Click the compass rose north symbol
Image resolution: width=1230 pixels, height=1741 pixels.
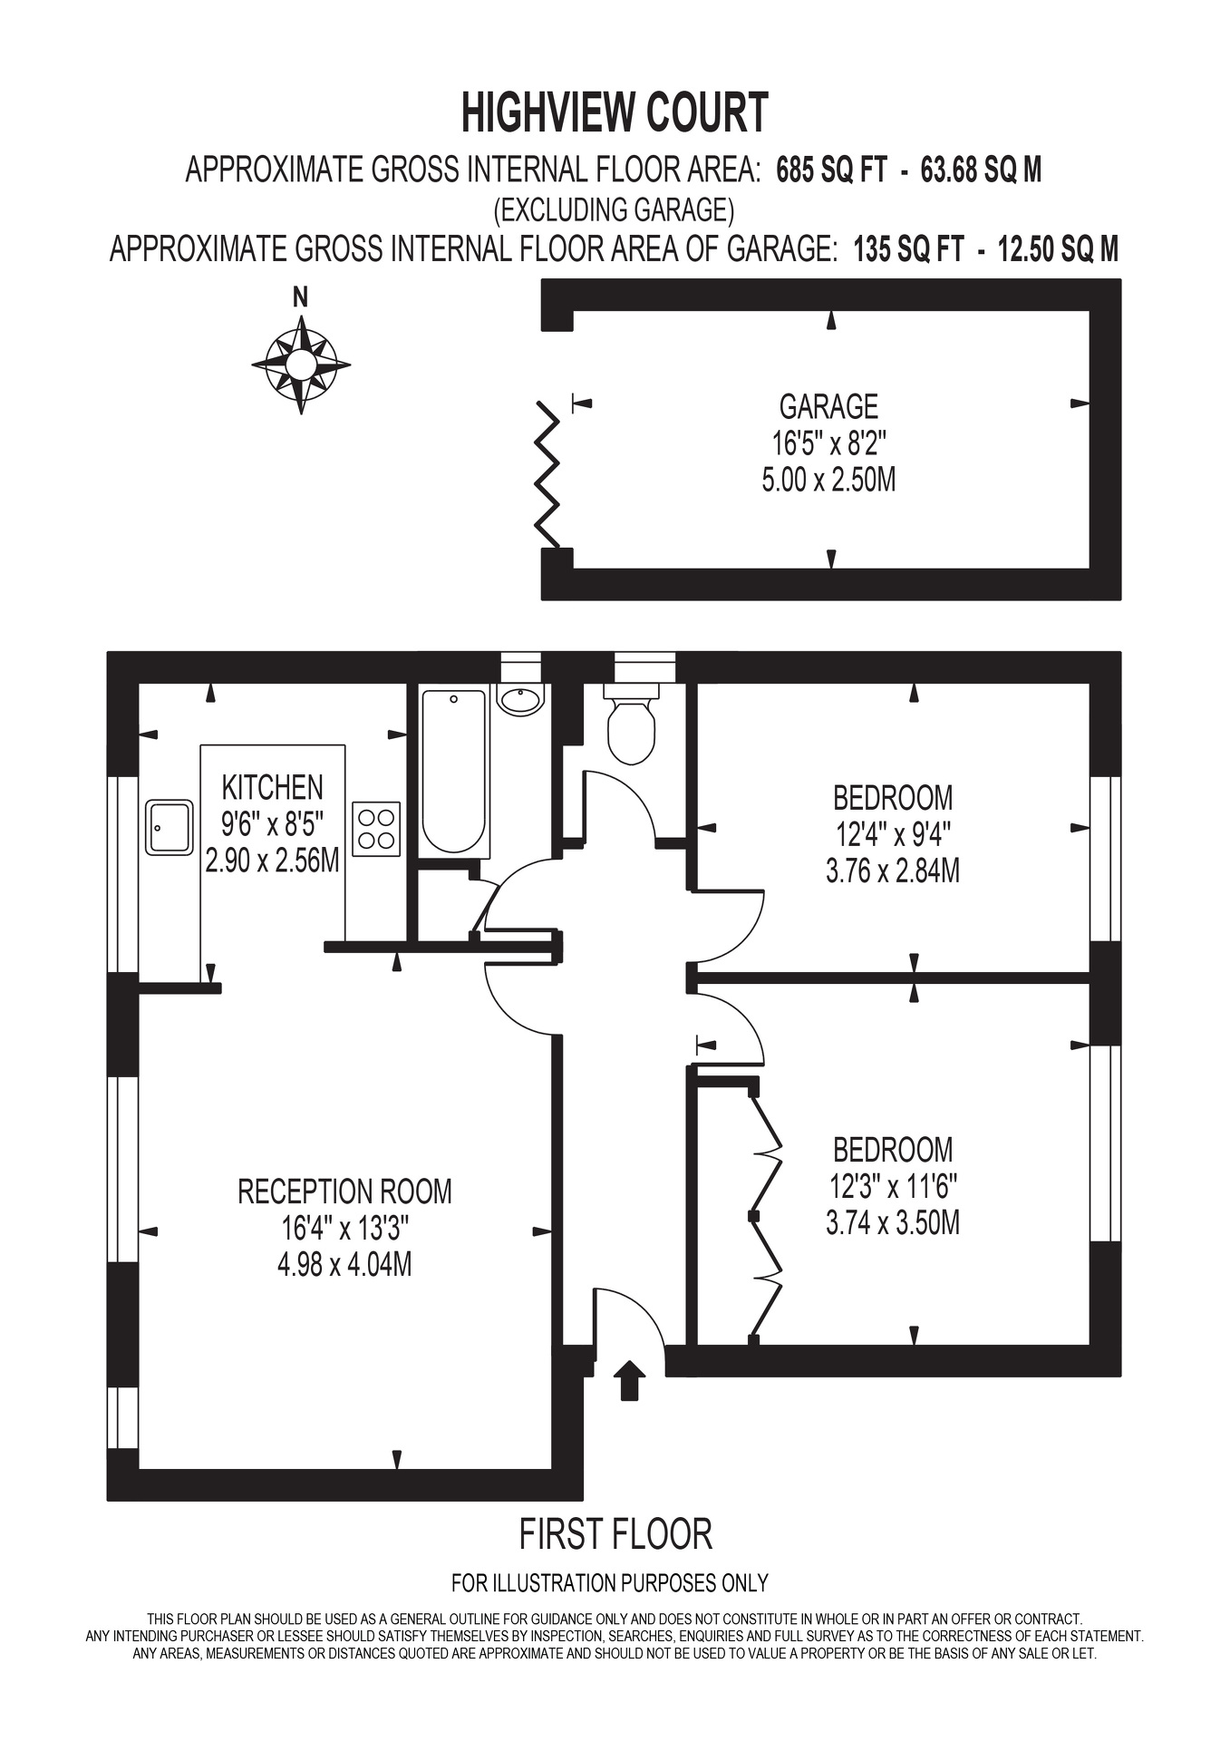[x=301, y=365]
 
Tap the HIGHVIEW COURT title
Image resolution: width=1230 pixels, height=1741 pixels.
[x=615, y=113]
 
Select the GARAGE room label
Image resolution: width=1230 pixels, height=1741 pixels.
[x=828, y=406]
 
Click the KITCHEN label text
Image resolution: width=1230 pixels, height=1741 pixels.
[x=272, y=786]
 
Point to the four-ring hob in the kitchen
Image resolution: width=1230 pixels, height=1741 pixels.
[x=376, y=829]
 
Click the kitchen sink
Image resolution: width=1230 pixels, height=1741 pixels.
[x=169, y=827]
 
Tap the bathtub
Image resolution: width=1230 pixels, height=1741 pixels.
[x=455, y=771]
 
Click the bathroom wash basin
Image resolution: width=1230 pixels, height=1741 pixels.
[x=520, y=698]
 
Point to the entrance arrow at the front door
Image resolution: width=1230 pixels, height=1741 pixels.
[x=629, y=1380]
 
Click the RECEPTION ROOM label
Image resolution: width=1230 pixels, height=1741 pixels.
[x=344, y=1191]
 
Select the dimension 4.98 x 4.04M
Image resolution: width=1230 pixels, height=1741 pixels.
[x=344, y=1264]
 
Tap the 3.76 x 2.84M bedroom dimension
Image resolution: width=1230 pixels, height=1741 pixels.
[x=893, y=870]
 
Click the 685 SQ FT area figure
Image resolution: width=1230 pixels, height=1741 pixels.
[x=831, y=170]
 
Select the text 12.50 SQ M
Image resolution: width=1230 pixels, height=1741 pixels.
[x=1058, y=248]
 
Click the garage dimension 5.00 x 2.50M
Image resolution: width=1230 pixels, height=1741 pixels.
[x=828, y=479]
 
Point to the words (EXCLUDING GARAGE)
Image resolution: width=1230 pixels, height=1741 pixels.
[x=614, y=210]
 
